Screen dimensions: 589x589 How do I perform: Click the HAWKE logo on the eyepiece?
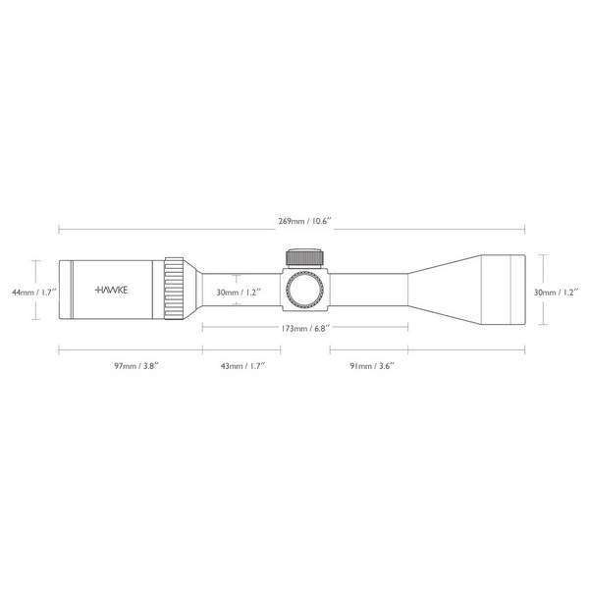[115, 291]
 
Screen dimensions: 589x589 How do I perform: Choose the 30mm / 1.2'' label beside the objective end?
[557, 292]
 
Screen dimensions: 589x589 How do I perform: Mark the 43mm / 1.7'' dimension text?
[241, 366]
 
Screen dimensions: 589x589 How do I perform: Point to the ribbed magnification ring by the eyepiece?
[174, 290]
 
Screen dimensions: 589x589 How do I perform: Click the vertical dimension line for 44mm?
[36, 290]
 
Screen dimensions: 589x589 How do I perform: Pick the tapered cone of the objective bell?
[442, 290]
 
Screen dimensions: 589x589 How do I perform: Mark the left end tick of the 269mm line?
[58, 231]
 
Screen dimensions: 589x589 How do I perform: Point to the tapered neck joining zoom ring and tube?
[193, 290]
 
